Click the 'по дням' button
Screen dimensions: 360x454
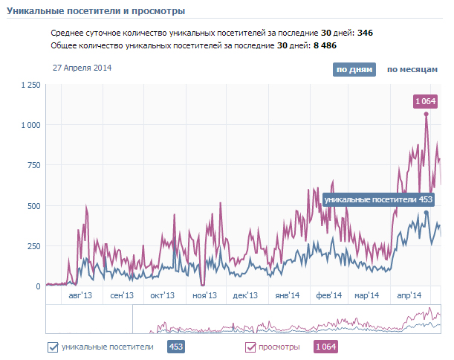point(354,69)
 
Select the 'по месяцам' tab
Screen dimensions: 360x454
point(412,69)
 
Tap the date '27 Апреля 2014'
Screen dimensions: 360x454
point(82,68)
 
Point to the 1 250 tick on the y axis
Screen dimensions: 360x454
point(30,86)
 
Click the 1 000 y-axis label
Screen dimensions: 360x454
point(30,125)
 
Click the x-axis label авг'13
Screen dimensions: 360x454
point(80,295)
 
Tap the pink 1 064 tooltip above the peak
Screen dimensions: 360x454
point(426,101)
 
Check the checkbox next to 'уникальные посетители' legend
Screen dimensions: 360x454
point(53,347)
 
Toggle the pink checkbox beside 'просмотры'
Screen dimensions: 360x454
point(250,347)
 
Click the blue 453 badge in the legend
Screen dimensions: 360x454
point(176,347)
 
